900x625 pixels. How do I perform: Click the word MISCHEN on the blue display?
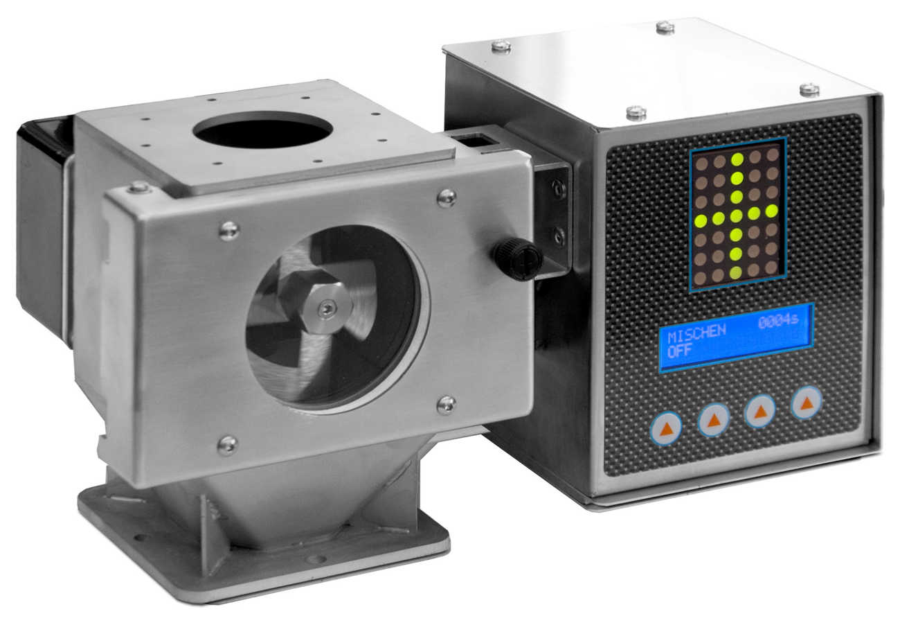pos(696,333)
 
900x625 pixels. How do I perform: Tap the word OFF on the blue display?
pos(679,351)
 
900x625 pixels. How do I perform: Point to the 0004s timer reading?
pos(778,321)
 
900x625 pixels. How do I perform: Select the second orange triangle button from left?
pos(714,421)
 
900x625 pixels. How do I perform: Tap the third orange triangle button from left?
pos(759,412)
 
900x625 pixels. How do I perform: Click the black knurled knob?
pos(518,258)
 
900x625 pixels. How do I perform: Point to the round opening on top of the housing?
pos(263,130)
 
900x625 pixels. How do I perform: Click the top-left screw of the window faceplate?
pos(229,231)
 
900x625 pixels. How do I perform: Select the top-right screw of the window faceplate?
pos(447,198)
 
